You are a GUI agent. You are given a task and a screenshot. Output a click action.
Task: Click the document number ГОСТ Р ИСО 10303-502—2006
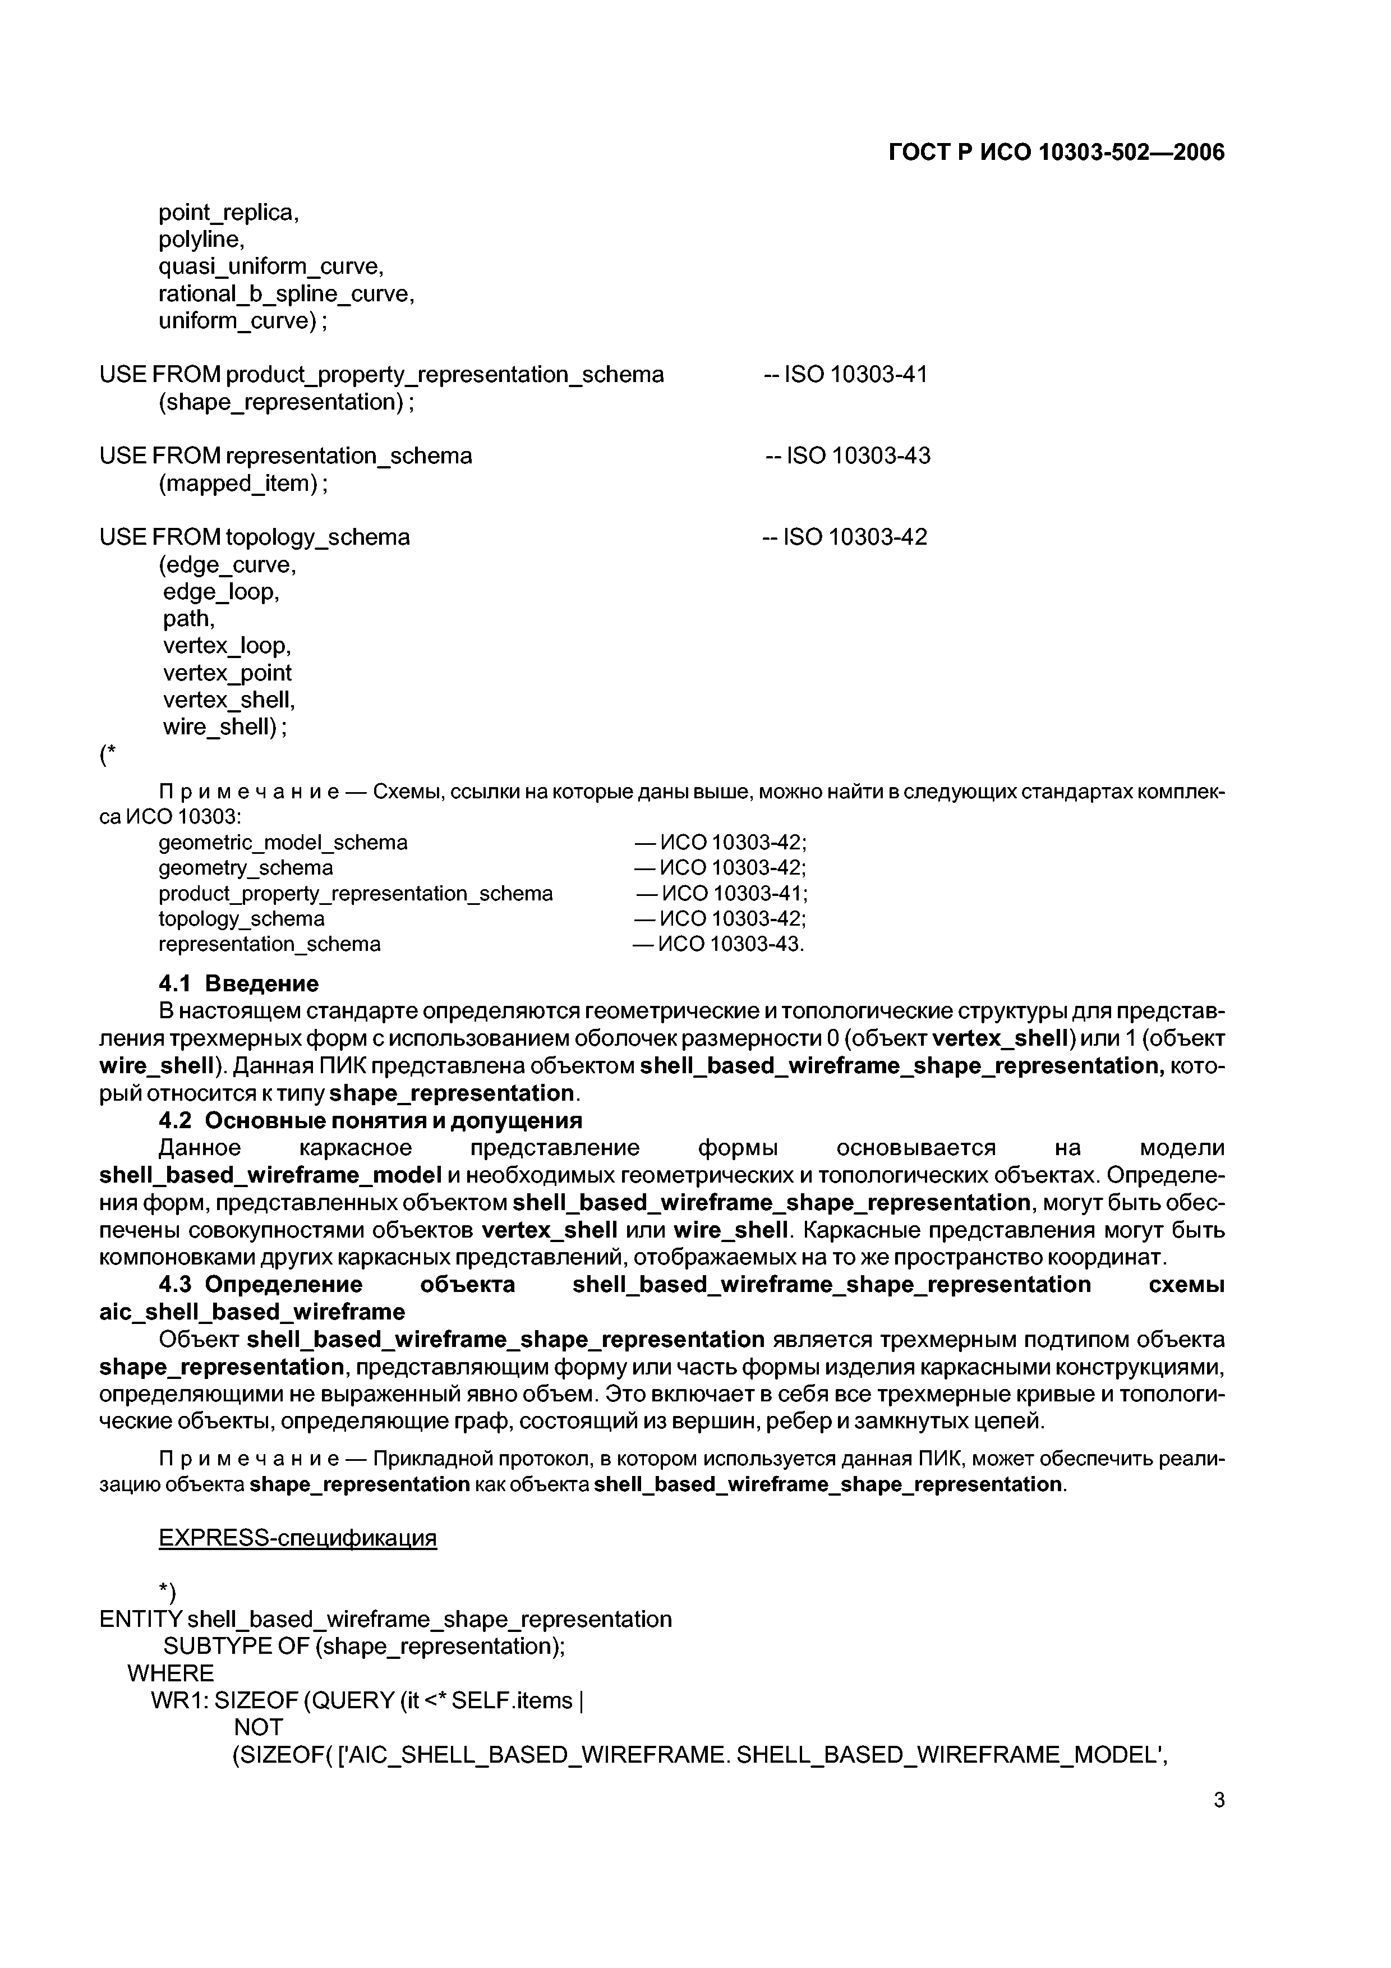coord(1056,153)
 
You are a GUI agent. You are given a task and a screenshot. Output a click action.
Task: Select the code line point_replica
coord(228,213)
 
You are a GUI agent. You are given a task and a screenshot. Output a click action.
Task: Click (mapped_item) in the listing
coord(243,484)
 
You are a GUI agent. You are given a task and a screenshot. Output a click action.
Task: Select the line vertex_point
coord(227,673)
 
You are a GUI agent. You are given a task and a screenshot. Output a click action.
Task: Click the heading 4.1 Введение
coord(238,983)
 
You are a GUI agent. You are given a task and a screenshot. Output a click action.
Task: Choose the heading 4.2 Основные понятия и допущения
coord(370,1120)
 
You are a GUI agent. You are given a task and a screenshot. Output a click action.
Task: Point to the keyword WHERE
coord(171,1673)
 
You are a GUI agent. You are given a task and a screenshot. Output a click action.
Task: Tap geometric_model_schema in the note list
coord(283,843)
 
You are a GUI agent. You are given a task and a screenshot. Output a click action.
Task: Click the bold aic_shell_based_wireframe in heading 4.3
coord(252,1312)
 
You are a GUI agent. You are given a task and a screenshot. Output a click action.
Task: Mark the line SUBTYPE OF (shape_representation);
coord(363,1647)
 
